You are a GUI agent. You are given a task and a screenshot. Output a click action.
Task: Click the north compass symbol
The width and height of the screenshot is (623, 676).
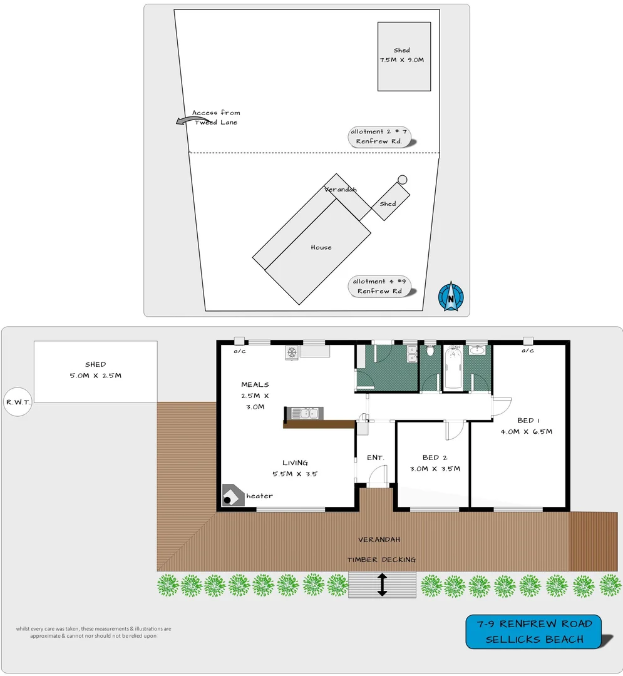(451, 297)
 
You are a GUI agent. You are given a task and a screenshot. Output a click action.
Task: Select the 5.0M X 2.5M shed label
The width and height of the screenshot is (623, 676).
(95, 376)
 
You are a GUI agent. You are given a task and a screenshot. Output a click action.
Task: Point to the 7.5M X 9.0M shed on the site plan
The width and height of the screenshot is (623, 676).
(404, 56)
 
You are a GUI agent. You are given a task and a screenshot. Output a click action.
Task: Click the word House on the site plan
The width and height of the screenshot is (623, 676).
(321, 247)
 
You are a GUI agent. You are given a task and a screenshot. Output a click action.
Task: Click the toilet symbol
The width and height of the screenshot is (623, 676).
(430, 352)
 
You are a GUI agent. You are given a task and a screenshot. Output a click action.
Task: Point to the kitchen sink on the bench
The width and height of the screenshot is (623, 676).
(306, 413)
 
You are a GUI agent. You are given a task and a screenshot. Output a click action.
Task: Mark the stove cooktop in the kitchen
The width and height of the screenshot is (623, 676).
(292, 352)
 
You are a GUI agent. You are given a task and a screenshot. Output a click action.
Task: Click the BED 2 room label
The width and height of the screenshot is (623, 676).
(431, 458)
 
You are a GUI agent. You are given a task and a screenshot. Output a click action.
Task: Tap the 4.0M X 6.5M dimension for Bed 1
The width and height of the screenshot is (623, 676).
(526, 431)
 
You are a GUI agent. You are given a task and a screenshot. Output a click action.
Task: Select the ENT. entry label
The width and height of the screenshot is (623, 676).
(375, 458)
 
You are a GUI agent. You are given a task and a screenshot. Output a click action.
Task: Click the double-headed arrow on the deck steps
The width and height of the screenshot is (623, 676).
(382, 585)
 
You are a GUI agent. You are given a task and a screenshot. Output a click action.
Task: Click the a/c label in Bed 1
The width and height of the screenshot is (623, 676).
(527, 351)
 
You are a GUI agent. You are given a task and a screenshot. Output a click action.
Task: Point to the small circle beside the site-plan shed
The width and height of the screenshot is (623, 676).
(403, 180)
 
